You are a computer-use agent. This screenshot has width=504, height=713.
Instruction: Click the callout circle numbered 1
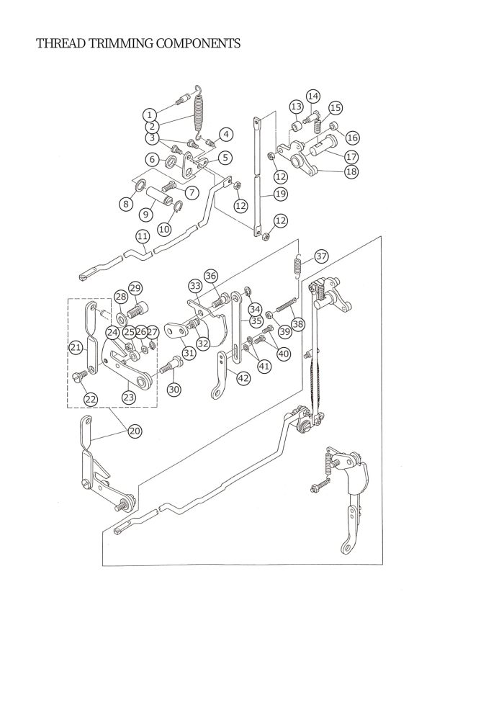pos(150,114)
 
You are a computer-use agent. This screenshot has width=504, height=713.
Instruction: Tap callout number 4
pos(226,135)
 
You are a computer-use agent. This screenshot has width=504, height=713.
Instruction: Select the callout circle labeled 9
pos(146,214)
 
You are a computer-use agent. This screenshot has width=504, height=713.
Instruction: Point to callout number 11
pos(143,236)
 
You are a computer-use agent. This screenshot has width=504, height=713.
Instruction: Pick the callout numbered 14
pos(312,97)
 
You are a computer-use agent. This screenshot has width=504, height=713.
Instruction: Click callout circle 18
pos(351,172)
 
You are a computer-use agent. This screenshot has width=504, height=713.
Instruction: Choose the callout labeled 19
pos(281,194)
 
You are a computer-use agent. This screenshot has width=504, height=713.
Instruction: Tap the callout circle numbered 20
pos(135,431)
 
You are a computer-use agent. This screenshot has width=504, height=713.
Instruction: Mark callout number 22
pos(91,399)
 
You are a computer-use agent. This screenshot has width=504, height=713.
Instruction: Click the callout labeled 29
pos(135,288)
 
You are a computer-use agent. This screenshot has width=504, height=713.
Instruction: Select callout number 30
pos(174,389)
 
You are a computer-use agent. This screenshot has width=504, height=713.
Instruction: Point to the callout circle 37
pos(321,256)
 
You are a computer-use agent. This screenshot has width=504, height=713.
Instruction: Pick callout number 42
pos(243,378)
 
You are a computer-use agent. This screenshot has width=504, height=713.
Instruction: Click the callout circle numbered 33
pos(195,286)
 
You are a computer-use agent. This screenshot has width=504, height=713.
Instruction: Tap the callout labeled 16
pos(352,138)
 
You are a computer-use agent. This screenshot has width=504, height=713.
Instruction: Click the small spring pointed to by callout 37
pos(297,264)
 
